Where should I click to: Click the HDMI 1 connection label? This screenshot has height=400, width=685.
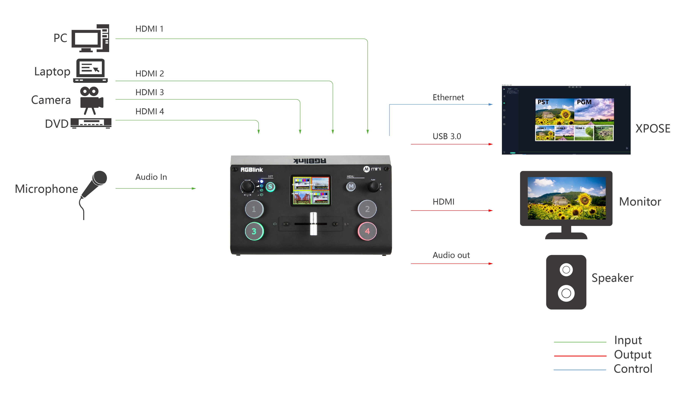pos(149,29)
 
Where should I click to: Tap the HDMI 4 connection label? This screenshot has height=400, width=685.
pos(150,111)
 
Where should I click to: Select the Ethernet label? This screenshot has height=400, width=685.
pos(448,97)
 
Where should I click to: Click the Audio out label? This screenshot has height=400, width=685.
pos(451,255)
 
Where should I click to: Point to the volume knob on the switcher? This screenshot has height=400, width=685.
pos(247,187)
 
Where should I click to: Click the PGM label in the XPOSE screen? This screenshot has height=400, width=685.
pos(584,102)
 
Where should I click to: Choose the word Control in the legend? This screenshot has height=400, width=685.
pos(633,369)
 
